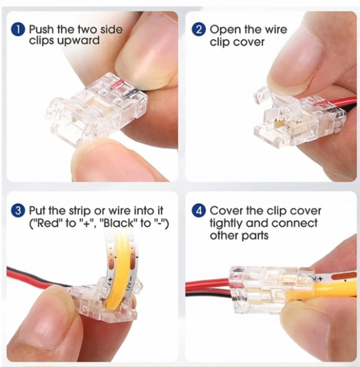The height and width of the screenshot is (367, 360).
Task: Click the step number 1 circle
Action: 19,29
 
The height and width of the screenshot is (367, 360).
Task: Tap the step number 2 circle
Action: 199,29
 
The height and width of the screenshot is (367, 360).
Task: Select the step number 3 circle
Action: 19,211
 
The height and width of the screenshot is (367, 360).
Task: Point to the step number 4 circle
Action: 199,211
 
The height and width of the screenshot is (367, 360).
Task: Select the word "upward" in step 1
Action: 80,41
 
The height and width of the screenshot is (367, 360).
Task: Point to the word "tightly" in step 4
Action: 227,223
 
